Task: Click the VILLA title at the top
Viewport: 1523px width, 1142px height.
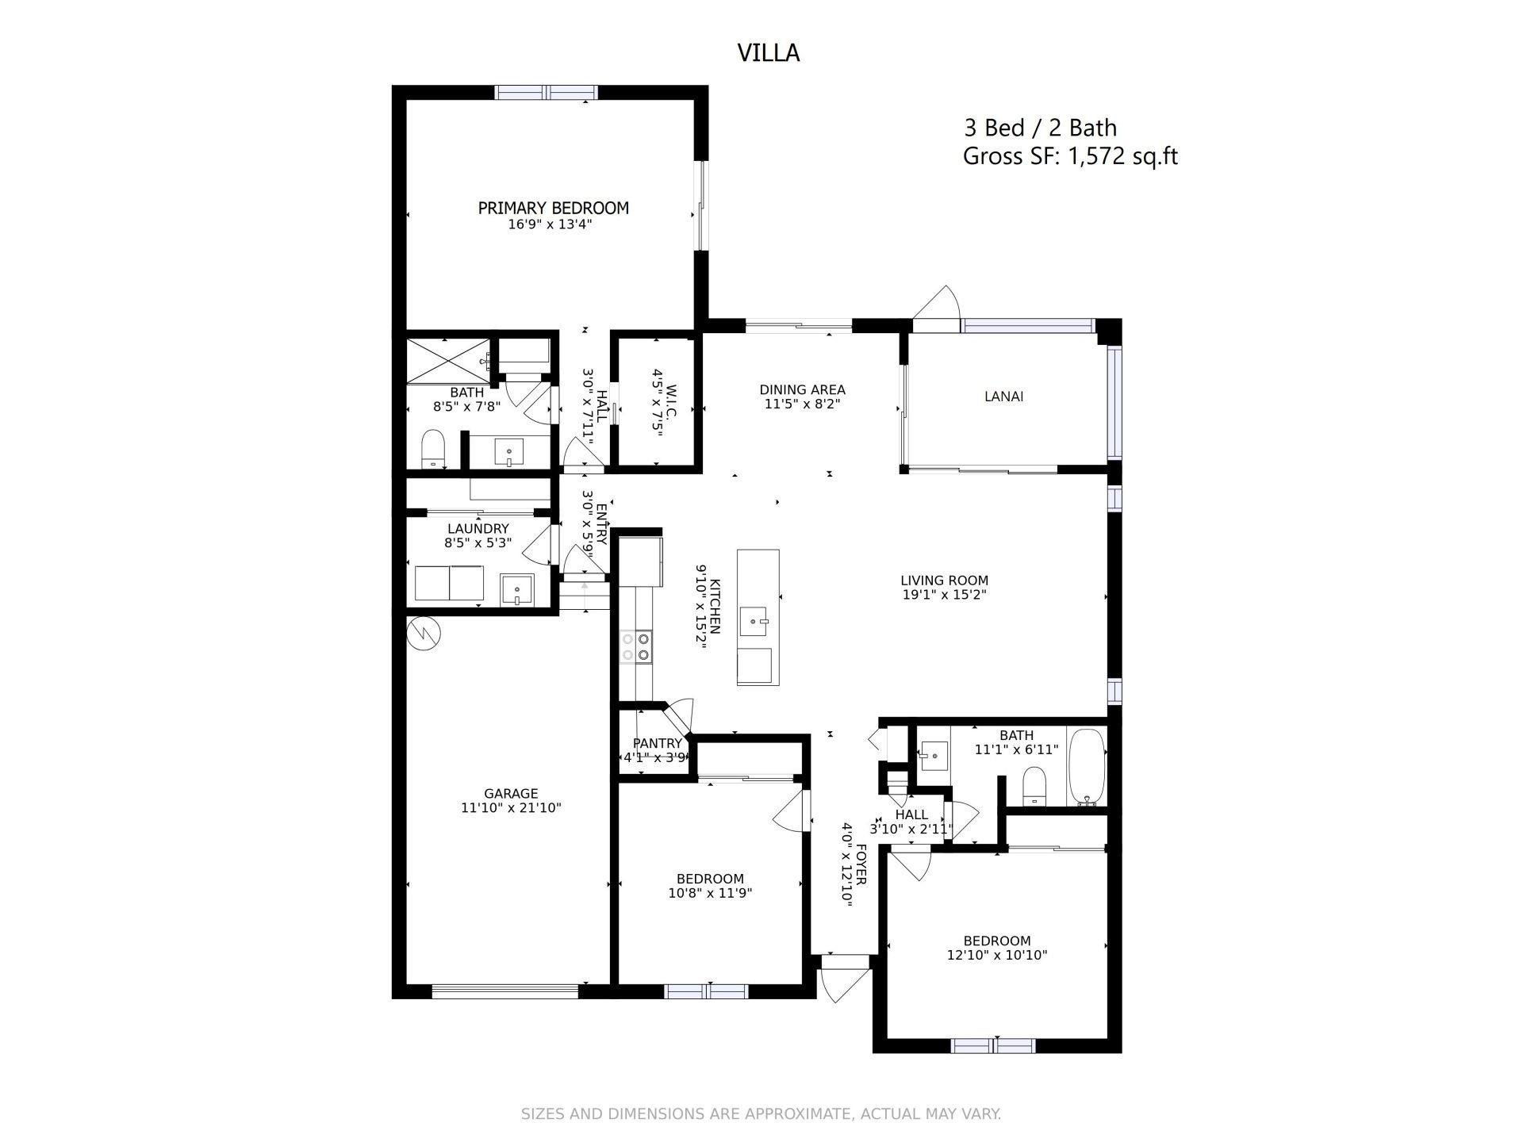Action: [768, 52]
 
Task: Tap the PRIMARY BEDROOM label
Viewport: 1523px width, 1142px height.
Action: [553, 208]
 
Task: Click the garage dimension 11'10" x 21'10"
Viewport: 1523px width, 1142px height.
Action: [511, 808]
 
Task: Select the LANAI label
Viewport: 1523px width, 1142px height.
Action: [1003, 397]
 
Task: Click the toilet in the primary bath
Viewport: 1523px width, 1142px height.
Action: [432, 449]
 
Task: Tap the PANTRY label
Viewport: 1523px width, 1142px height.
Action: [657, 743]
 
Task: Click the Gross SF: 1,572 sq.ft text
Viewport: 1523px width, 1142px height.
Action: [1069, 156]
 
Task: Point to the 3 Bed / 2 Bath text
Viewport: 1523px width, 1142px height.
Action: [1040, 128]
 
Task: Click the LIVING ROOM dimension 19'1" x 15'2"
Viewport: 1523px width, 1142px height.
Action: [944, 595]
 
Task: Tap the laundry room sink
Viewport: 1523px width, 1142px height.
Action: [517, 590]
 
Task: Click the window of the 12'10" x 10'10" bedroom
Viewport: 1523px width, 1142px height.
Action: [993, 1046]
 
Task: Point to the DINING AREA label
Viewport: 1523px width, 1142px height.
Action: [802, 389]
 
